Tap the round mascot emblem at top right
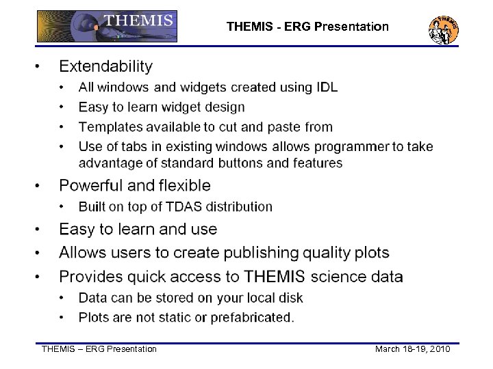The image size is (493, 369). (443, 29)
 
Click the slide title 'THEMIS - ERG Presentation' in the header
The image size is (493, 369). (307, 27)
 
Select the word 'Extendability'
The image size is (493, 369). (105, 66)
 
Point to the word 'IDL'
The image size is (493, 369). (326, 87)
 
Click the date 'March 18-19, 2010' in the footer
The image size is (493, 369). (412, 349)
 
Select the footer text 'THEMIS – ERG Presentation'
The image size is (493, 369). (99, 349)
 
